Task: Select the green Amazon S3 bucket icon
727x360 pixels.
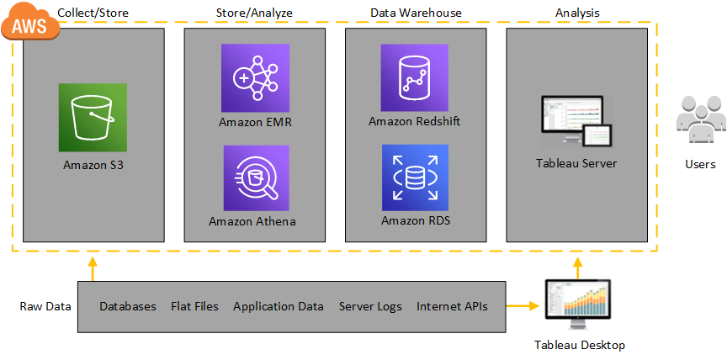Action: tap(93, 117)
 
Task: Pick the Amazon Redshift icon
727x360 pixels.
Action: tap(414, 77)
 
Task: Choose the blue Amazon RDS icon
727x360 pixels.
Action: tap(414, 177)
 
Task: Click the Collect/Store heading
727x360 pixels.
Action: tap(93, 13)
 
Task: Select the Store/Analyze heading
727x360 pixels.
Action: tap(254, 13)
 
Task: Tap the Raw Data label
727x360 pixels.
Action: tap(45, 306)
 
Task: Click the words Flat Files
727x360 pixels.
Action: tap(194, 306)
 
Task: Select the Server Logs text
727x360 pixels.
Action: tap(370, 306)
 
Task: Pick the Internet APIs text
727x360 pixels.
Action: tap(452, 306)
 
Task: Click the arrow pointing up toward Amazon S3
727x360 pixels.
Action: tap(93, 268)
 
